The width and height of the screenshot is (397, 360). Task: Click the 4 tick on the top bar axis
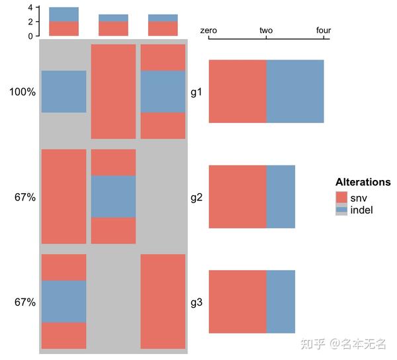30,7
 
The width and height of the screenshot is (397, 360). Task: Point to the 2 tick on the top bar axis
30,22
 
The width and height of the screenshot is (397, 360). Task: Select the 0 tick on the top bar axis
30,36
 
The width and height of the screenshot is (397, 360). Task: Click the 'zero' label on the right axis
209,30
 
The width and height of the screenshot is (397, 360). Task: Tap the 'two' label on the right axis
266,30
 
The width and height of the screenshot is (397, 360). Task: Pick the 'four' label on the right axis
324,30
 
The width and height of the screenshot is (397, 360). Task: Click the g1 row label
197,92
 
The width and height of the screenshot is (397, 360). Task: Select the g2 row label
197,197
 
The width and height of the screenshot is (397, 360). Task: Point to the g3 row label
197,302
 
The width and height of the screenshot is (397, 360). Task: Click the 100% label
22,92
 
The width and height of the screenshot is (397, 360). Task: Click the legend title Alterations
363,182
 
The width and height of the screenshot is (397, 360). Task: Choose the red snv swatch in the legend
341,197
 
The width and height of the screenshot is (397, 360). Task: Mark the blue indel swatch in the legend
341,210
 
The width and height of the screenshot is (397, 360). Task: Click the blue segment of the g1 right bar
295,91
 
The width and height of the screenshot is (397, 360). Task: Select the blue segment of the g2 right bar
281,197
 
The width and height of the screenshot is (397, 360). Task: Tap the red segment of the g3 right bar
238,302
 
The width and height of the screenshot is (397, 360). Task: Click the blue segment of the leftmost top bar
64,14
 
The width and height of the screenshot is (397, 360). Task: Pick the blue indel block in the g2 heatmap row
113,197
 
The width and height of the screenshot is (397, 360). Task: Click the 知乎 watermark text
312,343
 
